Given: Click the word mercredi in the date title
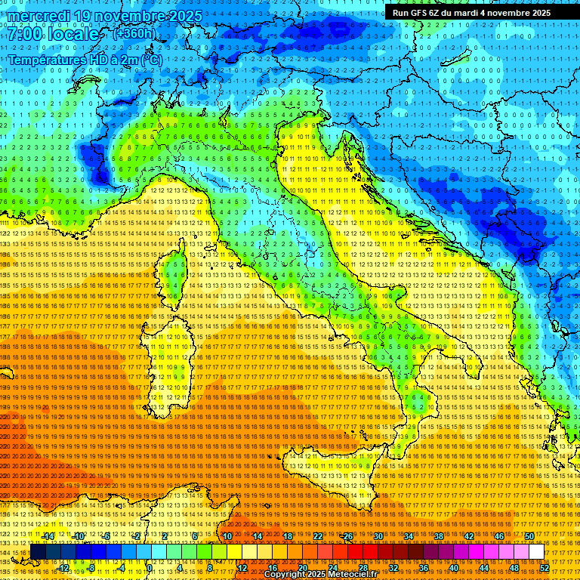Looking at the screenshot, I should (39, 17).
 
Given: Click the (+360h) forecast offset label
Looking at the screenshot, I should (134, 33).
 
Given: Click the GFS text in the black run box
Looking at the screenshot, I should (423, 13).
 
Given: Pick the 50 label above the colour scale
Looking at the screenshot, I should (529, 536).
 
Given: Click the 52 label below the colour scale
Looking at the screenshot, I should (545, 567).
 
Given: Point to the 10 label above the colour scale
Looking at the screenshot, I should (227, 536).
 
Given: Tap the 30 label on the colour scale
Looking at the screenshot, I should (378, 536).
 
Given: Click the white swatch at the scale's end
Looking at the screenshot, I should (537, 551).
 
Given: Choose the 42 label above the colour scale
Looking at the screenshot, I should (469, 536).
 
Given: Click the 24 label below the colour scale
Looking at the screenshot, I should (333, 567).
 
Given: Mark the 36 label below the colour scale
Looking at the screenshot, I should (424, 567).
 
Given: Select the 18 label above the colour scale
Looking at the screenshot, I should (288, 536).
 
